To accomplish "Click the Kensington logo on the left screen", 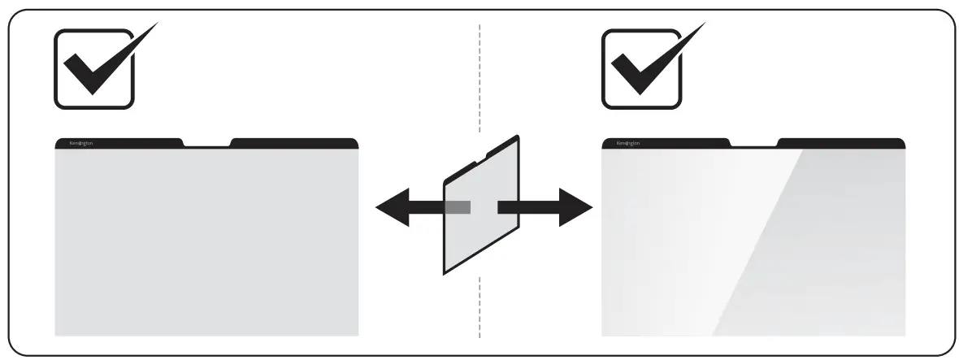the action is [81, 143].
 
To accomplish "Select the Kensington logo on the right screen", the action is [628, 143].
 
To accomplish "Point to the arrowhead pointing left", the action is [392, 208].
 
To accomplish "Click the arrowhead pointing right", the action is [575, 208].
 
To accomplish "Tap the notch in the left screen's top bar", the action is [207, 145].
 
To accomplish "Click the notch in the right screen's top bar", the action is [755, 145].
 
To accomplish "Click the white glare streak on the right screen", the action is [731, 244].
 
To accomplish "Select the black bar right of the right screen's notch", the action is [841, 143].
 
